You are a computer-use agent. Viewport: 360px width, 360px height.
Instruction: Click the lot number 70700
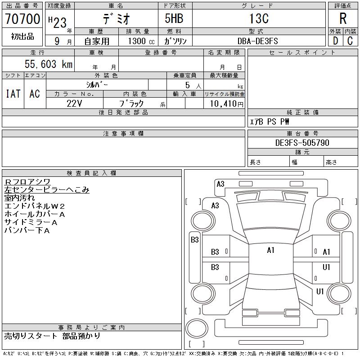click(x=22, y=19)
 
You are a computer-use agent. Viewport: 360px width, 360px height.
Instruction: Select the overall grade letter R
click(x=343, y=18)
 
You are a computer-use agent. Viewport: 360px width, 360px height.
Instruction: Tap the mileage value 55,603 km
click(x=49, y=64)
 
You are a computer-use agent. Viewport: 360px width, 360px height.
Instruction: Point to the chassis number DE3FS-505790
click(x=302, y=143)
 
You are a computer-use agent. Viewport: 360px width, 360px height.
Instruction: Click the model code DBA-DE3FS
click(x=257, y=41)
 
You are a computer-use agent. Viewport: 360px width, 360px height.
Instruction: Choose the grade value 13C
click(x=259, y=18)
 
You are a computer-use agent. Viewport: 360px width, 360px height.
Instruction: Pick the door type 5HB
click(x=174, y=18)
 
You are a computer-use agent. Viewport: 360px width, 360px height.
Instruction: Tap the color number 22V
click(x=74, y=103)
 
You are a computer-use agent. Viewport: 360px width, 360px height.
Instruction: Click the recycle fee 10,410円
click(x=227, y=104)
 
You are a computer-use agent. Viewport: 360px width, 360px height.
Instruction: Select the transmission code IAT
click(x=13, y=94)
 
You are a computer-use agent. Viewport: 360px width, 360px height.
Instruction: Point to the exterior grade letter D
click(x=335, y=41)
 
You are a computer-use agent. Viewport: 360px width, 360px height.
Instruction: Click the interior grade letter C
click(x=350, y=41)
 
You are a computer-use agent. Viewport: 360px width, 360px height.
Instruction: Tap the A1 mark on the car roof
click(x=271, y=250)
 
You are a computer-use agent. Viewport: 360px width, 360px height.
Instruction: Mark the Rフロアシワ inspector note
click(x=27, y=182)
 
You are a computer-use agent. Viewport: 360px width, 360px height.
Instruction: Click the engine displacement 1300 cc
click(x=141, y=41)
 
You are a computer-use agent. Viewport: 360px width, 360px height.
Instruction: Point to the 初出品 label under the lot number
click(x=22, y=36)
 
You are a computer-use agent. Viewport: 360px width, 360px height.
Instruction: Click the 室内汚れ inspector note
click(x=19, y=198)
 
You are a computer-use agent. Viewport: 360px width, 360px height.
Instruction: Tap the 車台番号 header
click(x=302, y=133)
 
